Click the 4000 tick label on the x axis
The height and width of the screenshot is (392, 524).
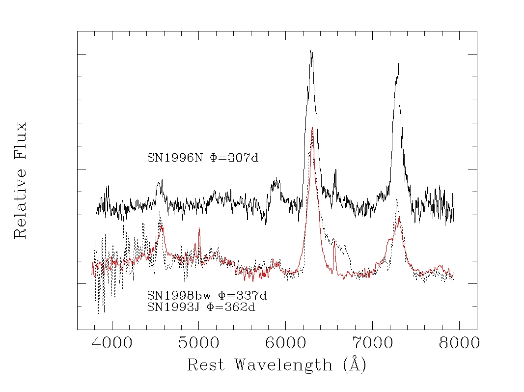pos(112,343)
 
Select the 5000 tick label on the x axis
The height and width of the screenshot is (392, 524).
pos(199,343)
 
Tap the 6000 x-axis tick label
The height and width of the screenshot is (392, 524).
pos(285,343)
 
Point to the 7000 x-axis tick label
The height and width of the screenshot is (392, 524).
pos(372,343)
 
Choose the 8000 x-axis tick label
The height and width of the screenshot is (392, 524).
pos(459,343)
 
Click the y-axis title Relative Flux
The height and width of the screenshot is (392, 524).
pos(21,180)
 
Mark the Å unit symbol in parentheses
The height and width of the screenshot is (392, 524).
pos(355,364)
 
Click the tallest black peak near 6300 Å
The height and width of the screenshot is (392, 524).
pos(311,51)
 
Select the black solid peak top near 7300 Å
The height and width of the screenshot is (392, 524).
pos(398,64)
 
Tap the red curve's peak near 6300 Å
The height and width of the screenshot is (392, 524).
pos(312,128)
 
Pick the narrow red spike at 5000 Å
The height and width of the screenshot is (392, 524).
pos(199,228)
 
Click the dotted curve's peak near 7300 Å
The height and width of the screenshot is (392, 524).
pos(396,199)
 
